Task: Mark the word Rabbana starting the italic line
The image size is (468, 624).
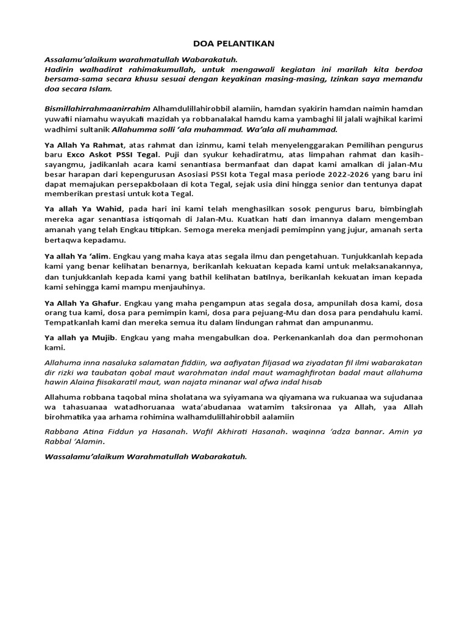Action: [x=61, y=431]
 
